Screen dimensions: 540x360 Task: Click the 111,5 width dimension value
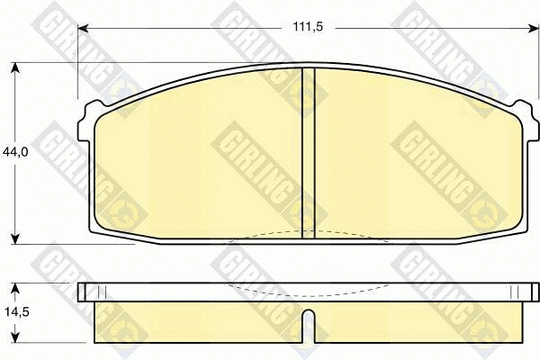click(x=308, y=26)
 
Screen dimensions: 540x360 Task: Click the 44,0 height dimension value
click(x=15, y=152)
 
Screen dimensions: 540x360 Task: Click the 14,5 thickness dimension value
click(x=17, y=312)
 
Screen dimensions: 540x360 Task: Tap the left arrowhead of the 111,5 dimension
click(x=84, y=28)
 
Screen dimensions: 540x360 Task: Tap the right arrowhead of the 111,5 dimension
click(x=534, y=28)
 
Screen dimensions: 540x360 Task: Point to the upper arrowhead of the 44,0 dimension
click(x=14, y=67)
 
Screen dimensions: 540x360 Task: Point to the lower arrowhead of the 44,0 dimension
click(x=14, y=238)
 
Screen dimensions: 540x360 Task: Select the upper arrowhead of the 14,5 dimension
click(x=14, y=289)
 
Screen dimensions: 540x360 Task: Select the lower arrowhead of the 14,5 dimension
click(x=14, y=337)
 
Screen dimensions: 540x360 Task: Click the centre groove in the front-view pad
click(x=309, y=153)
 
